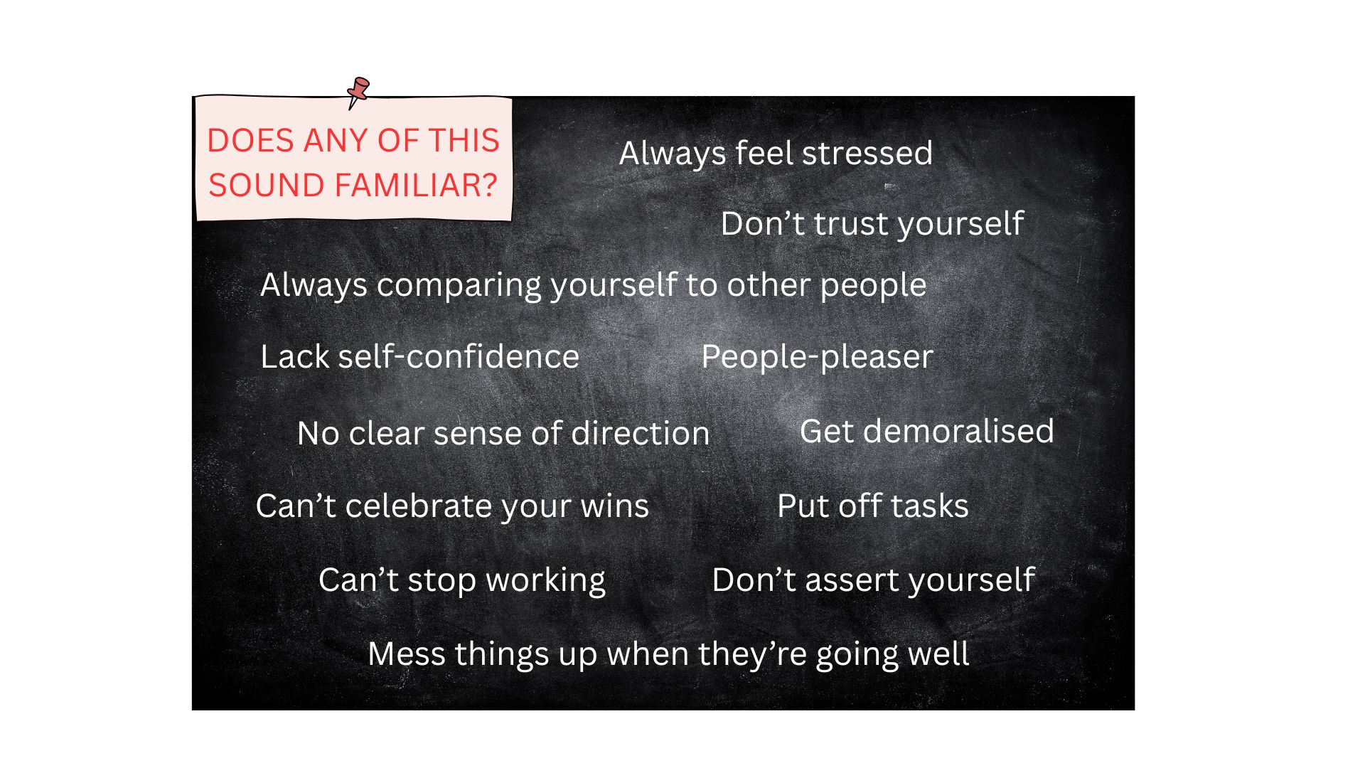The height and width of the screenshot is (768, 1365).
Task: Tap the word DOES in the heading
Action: pyautogui.click(x=250, y=140)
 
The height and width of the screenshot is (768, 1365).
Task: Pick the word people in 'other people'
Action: pyautogui.click(x=873, y=286)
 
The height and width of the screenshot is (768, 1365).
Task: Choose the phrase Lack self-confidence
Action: pyautogui.click(x=420, y=356)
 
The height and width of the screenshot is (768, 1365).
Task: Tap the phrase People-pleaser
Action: pyautogui.click(x=817, y=357)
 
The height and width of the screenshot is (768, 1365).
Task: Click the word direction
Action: pyautogui.click(x=640, y=433)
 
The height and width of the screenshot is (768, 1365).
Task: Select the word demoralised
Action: pyautogui.click(x=958, y=431)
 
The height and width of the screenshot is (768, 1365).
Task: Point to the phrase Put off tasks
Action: pyautogui.click(x=873, y=506)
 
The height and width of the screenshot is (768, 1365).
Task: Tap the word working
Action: pyautogui.click(x=545, y=581)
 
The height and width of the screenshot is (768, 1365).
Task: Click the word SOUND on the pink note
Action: pyautogui.click(x=267, y=185)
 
